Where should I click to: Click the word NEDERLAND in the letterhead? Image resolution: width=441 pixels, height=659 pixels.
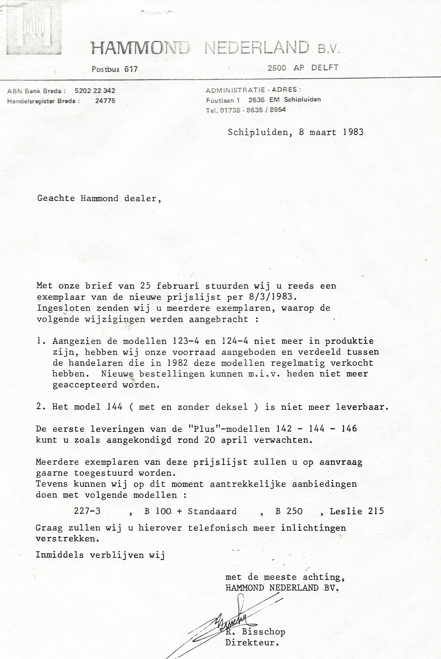point(256,48)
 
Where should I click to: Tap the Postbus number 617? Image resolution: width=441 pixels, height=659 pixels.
point(130,69)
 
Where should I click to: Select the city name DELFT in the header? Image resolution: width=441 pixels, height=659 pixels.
point(325,68)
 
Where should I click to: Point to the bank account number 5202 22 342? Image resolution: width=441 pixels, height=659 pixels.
point(95,91)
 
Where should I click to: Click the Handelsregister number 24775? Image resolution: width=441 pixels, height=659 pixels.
point(105,101)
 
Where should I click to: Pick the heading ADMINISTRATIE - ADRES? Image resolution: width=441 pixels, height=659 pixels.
point(253,90)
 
